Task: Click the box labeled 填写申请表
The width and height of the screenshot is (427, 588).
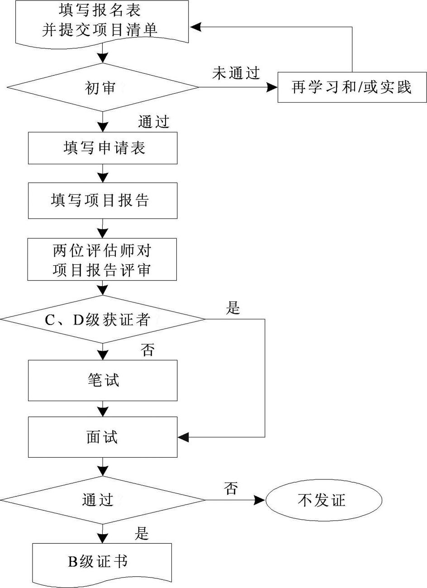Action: pyautogui.click(x=103, y=148)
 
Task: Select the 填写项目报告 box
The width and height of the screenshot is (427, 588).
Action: pyautogui.click(x=103, y=201)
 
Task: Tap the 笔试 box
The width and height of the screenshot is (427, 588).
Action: pyautogui.click(x=103, y=380)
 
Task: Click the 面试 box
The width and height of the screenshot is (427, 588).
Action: pyautogui.click(x=103, y=437)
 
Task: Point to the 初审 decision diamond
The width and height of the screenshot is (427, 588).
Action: pyautogui.click(x=103, y=87)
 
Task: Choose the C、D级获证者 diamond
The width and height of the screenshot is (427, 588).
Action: pyautogui.click(x=103, y=320)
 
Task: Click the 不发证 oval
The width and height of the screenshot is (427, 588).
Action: pyautogui.click(x=324, y=500)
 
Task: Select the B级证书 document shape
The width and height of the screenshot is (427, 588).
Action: pyautogui.click(x=103, y=562)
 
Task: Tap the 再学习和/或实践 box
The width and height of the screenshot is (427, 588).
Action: pyautogui.click(x=352, y=87)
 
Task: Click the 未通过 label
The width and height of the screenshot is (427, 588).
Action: pyautogui.click(x=236, y=74)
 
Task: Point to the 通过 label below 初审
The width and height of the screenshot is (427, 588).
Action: pyautogui.click(x=154, y=122)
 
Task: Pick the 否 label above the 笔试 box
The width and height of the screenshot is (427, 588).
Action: pyautogui.click(x=147, y=350)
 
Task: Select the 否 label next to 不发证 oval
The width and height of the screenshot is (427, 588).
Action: pyautogui.click(x=231, y=488)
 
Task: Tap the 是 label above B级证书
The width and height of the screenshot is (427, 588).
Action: pyautogui.click(x=142, y=534)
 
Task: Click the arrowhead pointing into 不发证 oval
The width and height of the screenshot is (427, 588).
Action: pyautogui.click(x=260, y=500)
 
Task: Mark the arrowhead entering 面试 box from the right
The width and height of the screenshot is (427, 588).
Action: pyautogui.click(x=184, y=437)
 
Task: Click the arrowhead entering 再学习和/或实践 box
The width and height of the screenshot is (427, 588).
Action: pyautogui.click(x=272, y=87)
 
